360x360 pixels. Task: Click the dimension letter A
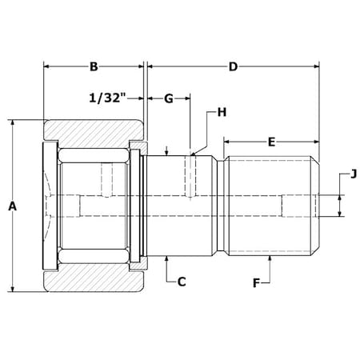(x=12, y=206)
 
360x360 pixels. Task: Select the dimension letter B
(x=94, y=66)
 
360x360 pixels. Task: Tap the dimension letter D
(x=233, y=66)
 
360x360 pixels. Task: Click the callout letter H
(x=222, y=114)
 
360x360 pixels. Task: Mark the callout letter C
(x=182, y=282)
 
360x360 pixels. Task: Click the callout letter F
(x=257, y=282)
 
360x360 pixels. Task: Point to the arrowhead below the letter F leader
(x=271, y=261)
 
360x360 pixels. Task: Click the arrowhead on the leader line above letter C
(x=166, y=261)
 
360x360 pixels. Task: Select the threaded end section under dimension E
(x=271, y=206)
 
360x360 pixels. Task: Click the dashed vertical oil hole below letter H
(x=190, y=176)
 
